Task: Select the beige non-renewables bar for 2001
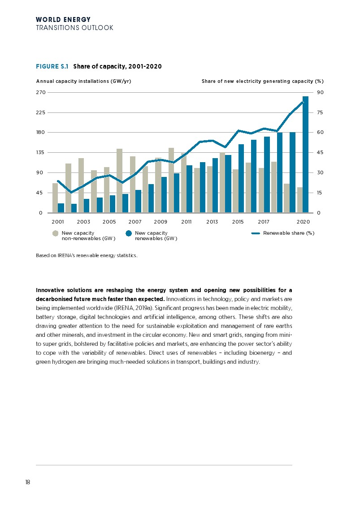point(55,198)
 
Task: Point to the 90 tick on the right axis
point(320,92)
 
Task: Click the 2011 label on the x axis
point(187,222)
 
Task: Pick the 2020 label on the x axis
point(304,222)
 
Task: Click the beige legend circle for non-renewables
point(55,233)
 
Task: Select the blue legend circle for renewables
point(129,233)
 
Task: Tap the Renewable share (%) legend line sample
point(256,233)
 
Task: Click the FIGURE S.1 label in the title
point(52,67)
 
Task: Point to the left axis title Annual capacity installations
point(83,81)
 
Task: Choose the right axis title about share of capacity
point(262,81)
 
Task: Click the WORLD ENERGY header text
point(63,20)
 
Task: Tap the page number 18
point(28,482)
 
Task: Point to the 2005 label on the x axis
point(109,222)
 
